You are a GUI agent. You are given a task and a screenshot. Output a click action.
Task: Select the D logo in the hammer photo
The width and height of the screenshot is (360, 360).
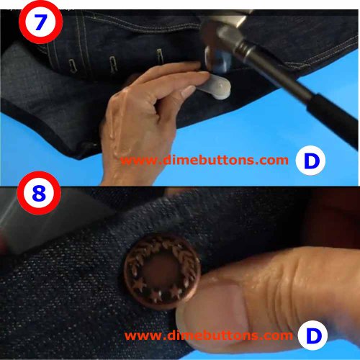coord(310,161)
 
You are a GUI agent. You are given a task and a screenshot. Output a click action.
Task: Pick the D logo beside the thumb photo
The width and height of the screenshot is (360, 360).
coord(310,336)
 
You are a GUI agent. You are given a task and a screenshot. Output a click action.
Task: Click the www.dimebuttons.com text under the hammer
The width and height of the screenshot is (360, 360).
coord(204,161)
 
